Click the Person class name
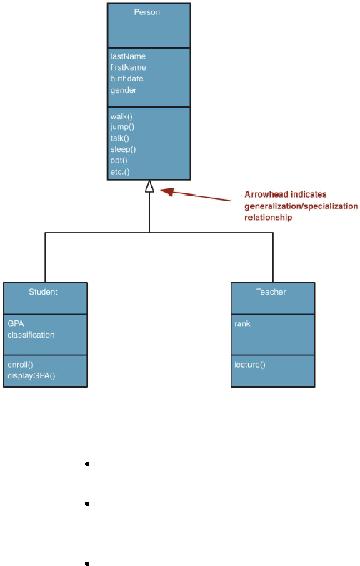pyautogui.click(x=146, y=12)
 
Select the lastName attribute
pyautogui.click(x=128, y=56)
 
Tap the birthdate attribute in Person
pyautogui.click(x=126, y=79)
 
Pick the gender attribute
pyautogui.click(x=123, y=90)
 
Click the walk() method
pyautogui.click(x=121, y=116)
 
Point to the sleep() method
pyautogui.click(x=123, y=149)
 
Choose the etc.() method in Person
pyautogui.click(x=119, y=172)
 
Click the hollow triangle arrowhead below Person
pyautogui.click(x=149, y=186)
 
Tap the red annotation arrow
pyautogui.click(x=196, y=195)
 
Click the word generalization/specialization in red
pyautogui.click(x=301, y=206)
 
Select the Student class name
pyautogui.click(x=43, y=292)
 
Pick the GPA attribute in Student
pyautogui.click(x=16, y=323)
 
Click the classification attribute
pyautogui.click(x=31, y=335)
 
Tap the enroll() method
pyautogui.click(x=20, y=365)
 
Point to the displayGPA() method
pyautogui.click(x=31, y=375)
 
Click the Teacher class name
pyautogui.click(x=271, y=292)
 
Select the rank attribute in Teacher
pyautogui.click(x=242, y=324)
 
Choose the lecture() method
pyautogui.click(x=249, y=365)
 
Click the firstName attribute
pyautogui.click(x=128, y=68)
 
